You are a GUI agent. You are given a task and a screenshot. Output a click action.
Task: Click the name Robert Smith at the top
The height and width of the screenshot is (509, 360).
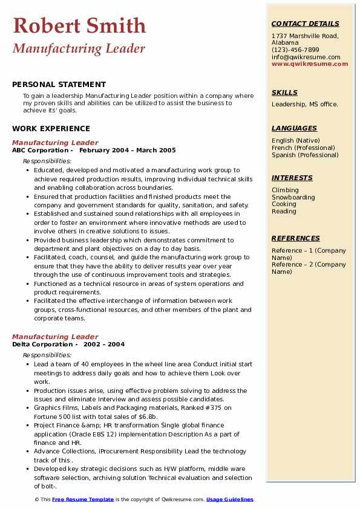(x=79, y=25)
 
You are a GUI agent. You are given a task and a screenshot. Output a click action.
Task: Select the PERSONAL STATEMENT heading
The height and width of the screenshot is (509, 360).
(x=59, y=85)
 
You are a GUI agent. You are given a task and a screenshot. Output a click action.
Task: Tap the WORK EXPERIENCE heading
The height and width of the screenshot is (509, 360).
(x=51, y=128)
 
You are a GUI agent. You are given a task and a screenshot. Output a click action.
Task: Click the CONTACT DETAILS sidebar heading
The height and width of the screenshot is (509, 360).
(x=306, y=24)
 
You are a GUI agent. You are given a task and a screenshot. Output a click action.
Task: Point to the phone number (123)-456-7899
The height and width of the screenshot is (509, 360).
(x=295, y=50)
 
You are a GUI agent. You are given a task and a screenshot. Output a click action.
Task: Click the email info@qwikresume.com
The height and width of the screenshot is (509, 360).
(x=306, y=57)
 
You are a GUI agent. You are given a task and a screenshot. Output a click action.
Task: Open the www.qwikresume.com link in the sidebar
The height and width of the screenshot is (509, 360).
(x=310, y=63)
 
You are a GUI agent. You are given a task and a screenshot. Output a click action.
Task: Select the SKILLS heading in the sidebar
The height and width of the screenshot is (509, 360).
(x=284, y=92)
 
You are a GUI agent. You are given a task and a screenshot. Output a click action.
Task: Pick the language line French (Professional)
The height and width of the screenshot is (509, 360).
(x=303, y=148)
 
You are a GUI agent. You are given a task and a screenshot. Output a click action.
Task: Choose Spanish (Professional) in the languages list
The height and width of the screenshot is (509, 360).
(x=305, y=155)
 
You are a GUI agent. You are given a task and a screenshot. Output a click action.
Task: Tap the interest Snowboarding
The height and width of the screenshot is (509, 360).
(x=293, y=197)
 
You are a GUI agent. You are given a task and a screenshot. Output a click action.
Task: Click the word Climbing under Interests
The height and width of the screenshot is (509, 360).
(x=285, y=190)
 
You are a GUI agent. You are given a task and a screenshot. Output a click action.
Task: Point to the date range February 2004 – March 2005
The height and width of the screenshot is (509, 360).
(x=128, y=151)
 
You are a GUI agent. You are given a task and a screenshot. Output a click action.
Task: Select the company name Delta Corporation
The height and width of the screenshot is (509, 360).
(x=41, y=344)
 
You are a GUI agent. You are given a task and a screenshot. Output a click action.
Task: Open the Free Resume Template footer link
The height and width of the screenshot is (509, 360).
(x=83, y=499)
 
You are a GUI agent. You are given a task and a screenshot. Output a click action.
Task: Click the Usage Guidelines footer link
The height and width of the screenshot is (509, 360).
(x=230, y=499)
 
